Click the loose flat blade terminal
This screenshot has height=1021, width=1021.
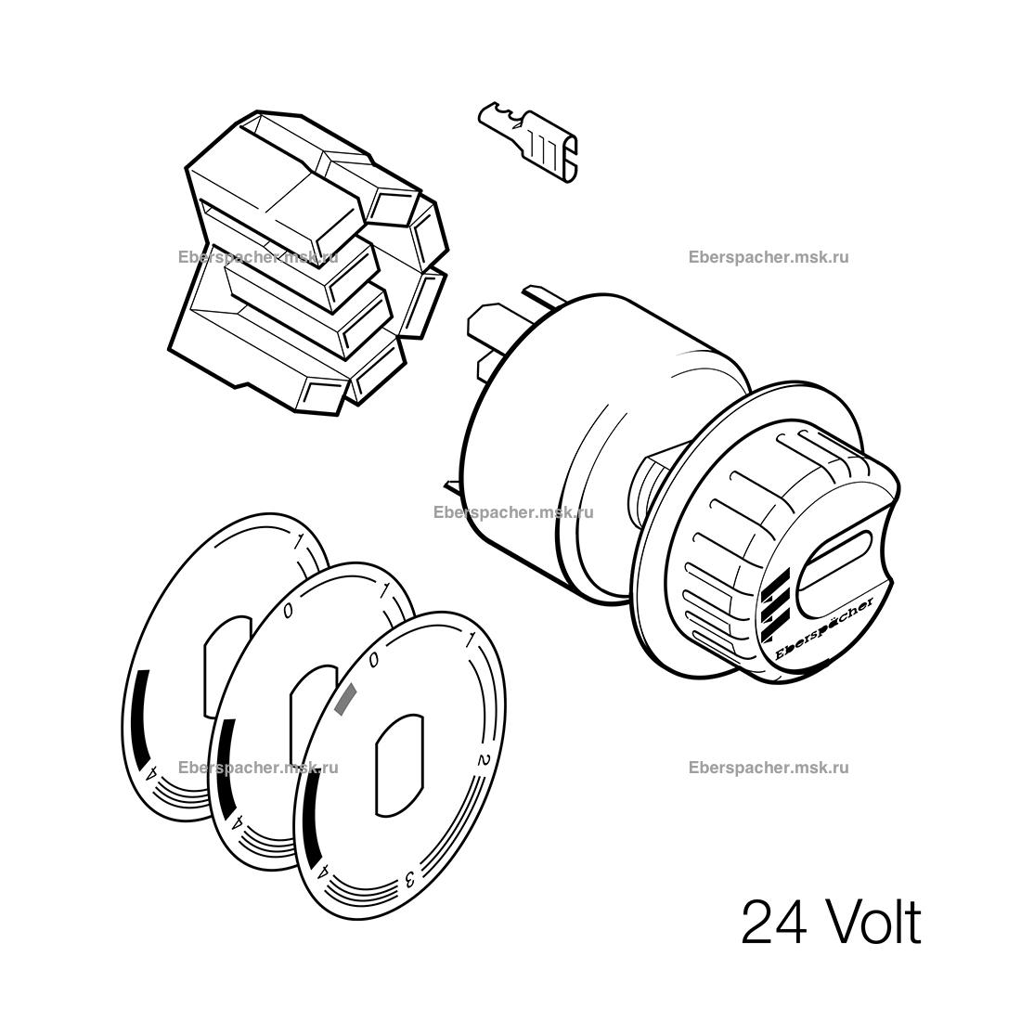(x=529, y=141)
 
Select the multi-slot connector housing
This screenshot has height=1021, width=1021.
(x=308, y=264)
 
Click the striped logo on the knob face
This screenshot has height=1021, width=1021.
(x=776, y=603)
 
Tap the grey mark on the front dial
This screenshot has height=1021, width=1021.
(x=344, y=700)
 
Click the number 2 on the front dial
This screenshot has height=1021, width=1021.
(x=484, y=759)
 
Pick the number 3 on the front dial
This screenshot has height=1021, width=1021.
(x=410, y=880)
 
